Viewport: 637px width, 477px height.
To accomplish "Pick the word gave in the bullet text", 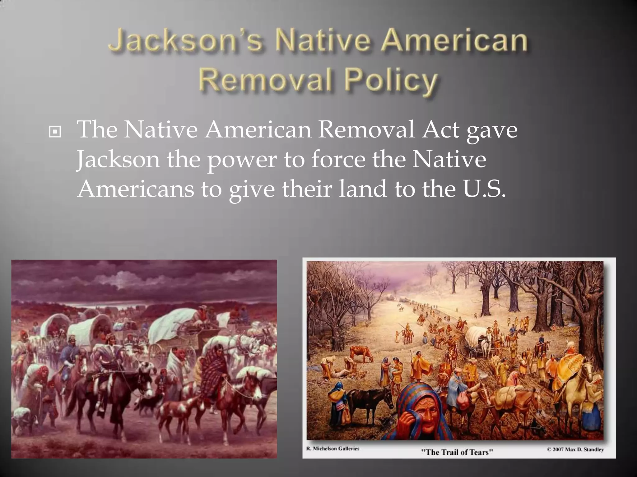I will (492, 131).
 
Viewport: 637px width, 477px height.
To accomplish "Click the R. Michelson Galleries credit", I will (332, 448).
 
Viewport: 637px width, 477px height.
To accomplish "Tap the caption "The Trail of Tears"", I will (457, 452).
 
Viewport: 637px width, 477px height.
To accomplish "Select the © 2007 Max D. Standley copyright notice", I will (575, 449).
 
